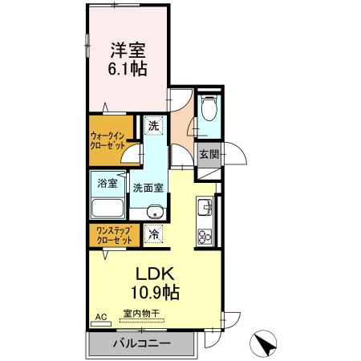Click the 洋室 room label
(128, 50)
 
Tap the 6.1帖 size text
(128, 69)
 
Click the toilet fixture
(209, 109)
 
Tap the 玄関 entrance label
(209, 153)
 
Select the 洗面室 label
(148, 189)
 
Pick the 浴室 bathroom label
(107, 183)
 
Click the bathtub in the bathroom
(106, 209)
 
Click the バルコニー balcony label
(140, 343)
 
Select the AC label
(101, 318)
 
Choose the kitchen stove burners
(204, 237)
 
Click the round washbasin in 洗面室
(155, 212)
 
